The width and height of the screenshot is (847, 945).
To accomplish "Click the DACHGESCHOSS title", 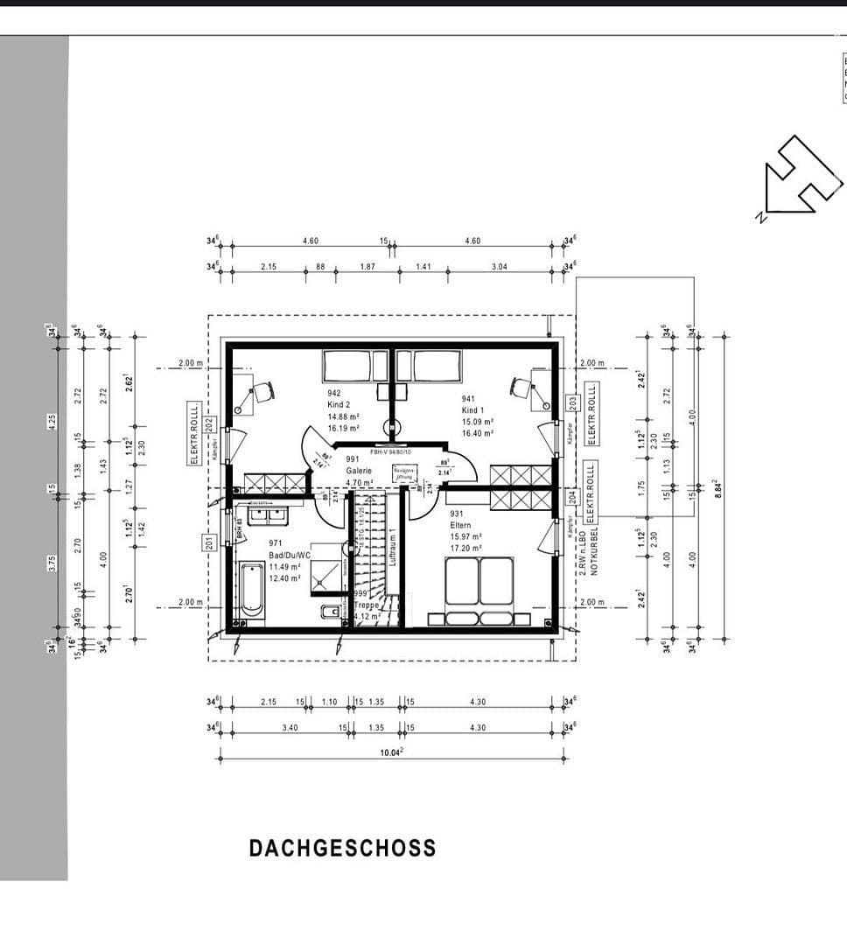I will (342, 848).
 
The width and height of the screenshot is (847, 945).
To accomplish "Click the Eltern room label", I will (461, 525).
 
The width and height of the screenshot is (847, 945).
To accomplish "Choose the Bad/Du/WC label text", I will (289, 555).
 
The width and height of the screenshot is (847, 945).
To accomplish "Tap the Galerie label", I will (359, 470).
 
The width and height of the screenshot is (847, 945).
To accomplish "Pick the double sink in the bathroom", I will (268, 514).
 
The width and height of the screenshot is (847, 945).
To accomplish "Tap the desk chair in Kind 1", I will (521, 388).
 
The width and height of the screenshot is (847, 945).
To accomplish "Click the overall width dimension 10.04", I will (391, 751).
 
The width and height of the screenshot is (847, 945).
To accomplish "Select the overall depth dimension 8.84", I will (717, 487).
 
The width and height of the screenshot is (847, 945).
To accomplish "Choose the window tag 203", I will (573, 403).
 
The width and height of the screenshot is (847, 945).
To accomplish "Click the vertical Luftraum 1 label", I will (393, 546).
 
